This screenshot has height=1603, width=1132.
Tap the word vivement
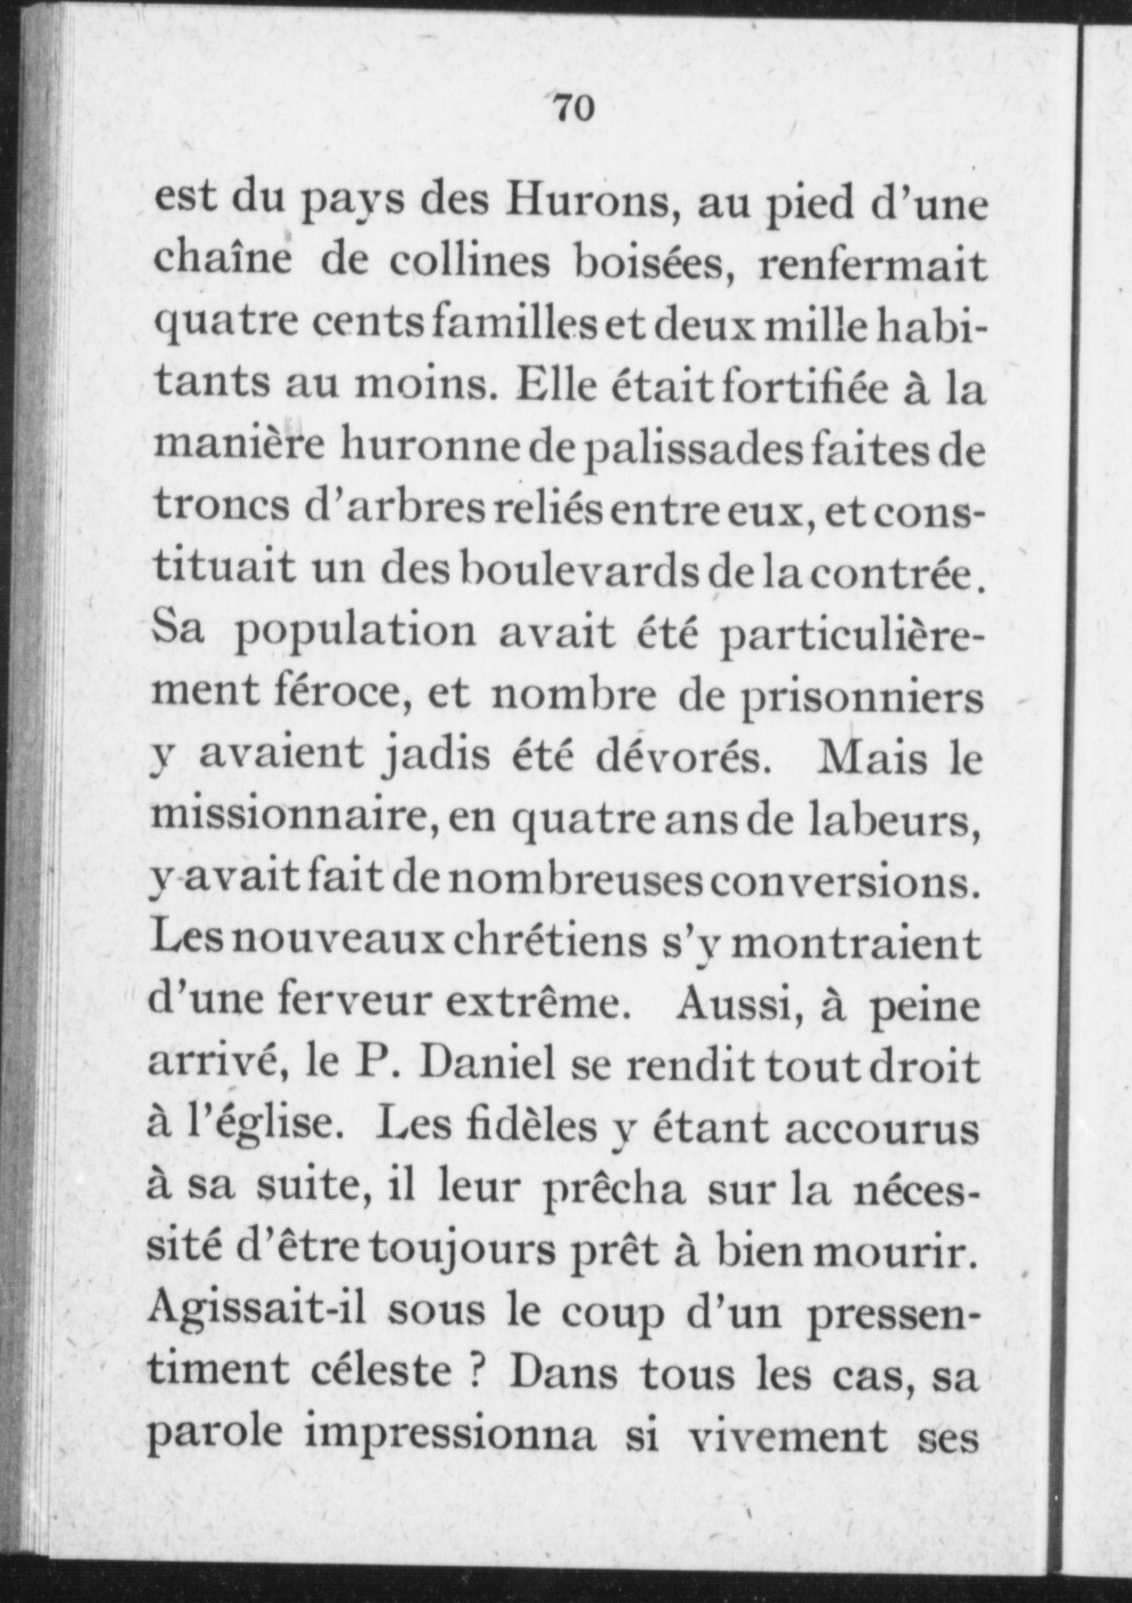coord(788,1436)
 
